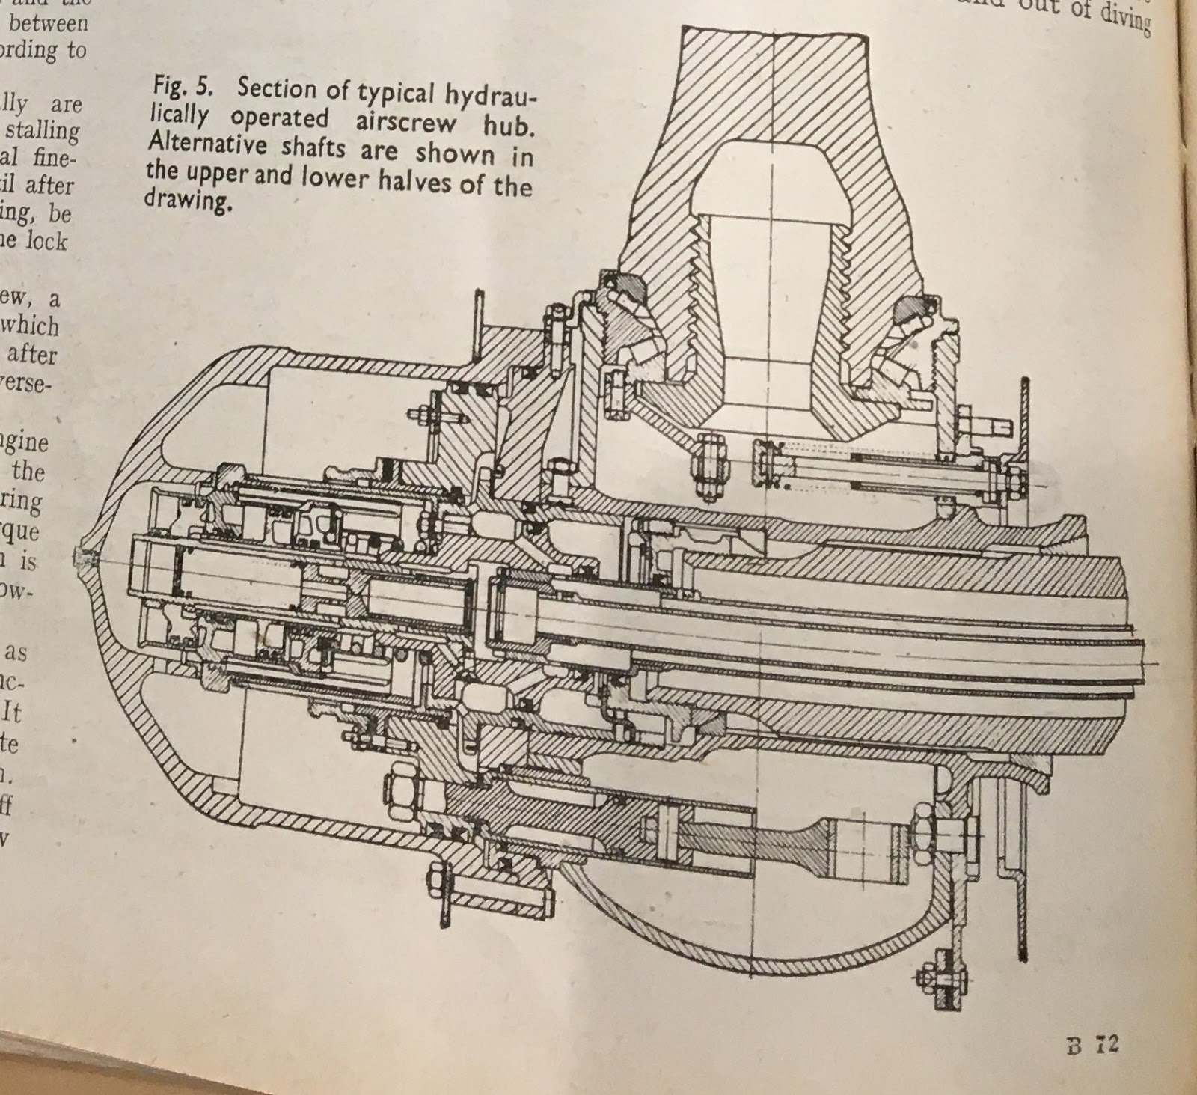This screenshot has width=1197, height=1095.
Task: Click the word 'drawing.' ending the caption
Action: [186, 200]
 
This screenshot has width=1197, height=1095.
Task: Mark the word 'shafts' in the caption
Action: [312, 148]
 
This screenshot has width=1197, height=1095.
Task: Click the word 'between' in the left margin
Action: [48, 23]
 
